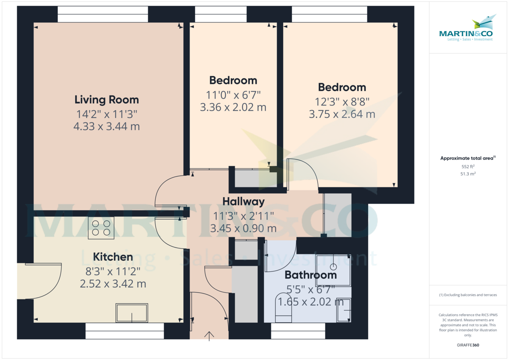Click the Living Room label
click(x=106, y=100)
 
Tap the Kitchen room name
click(x=113, y=257)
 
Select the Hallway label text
click(x=243, y=201)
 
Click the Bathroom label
click(x=310, y=275)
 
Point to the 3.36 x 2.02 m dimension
click(x=233, y=107)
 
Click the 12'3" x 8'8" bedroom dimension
click(x=342, y=102)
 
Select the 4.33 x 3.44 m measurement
click(x=106, y=126)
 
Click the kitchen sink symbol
click(x=131, y=313)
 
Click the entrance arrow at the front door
click(x=209, y=335)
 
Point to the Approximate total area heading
click(x=467, y=158)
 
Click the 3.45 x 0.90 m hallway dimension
click(x=243, y=229)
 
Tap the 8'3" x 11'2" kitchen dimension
click(x=113, y=271)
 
